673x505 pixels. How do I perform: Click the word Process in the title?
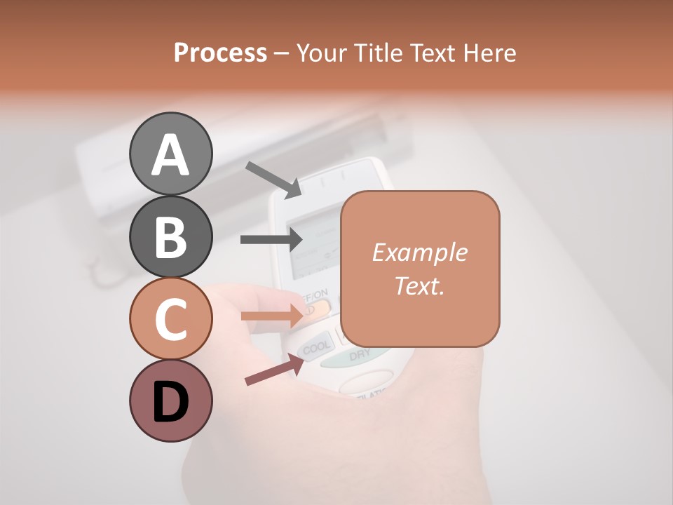[x=220, y=53]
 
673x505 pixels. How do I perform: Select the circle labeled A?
[x=171, y=154]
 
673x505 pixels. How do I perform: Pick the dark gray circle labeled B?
[x=171, y=236]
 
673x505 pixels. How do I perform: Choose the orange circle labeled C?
[x=171, y=318]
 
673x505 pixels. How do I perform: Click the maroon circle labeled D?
[x=171, y=400]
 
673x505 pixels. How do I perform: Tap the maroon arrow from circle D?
[x=274, y=370]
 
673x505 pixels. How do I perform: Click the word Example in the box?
[x=419, y=252]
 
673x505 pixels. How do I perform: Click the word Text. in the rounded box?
[x=419, y=285]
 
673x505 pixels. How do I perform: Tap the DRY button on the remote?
[x=359, y=356]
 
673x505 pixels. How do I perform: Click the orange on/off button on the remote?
[x=318, y=308]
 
